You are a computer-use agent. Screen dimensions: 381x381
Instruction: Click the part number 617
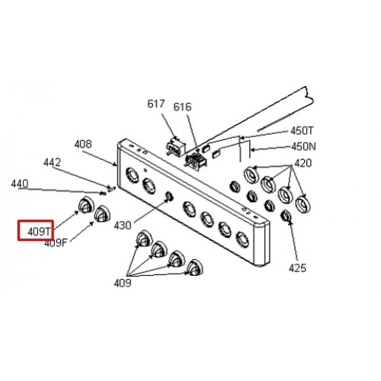(156, 104)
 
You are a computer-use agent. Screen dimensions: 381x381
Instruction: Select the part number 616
(182, 107)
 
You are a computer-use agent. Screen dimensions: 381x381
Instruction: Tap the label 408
(83, 144)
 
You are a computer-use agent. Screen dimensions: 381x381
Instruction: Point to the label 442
(52, 162)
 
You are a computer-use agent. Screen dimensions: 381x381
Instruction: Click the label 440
(20, 184)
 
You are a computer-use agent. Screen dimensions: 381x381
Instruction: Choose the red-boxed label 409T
(40, 232)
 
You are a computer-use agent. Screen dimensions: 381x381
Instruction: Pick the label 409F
(56, 243)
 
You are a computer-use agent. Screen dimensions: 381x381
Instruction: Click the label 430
(123, 226)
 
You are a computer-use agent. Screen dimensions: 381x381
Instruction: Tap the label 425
(297, 268)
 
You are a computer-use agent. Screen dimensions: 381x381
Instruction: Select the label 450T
(303, 131)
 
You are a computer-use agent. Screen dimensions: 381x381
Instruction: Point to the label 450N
(304, 146)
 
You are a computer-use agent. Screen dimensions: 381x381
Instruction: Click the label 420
(303, 163)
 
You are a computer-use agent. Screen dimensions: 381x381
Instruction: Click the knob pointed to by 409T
(86, 204)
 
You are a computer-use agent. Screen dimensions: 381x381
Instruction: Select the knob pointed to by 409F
(102, 213)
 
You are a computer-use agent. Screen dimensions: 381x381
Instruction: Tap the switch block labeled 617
(175, 147)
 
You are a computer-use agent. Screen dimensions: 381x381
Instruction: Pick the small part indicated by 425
(286, 216)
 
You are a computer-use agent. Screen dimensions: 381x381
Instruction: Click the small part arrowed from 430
(169, 196)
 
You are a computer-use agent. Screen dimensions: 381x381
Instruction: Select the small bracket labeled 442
(111, 188)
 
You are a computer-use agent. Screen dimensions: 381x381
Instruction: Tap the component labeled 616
(197, 161)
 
